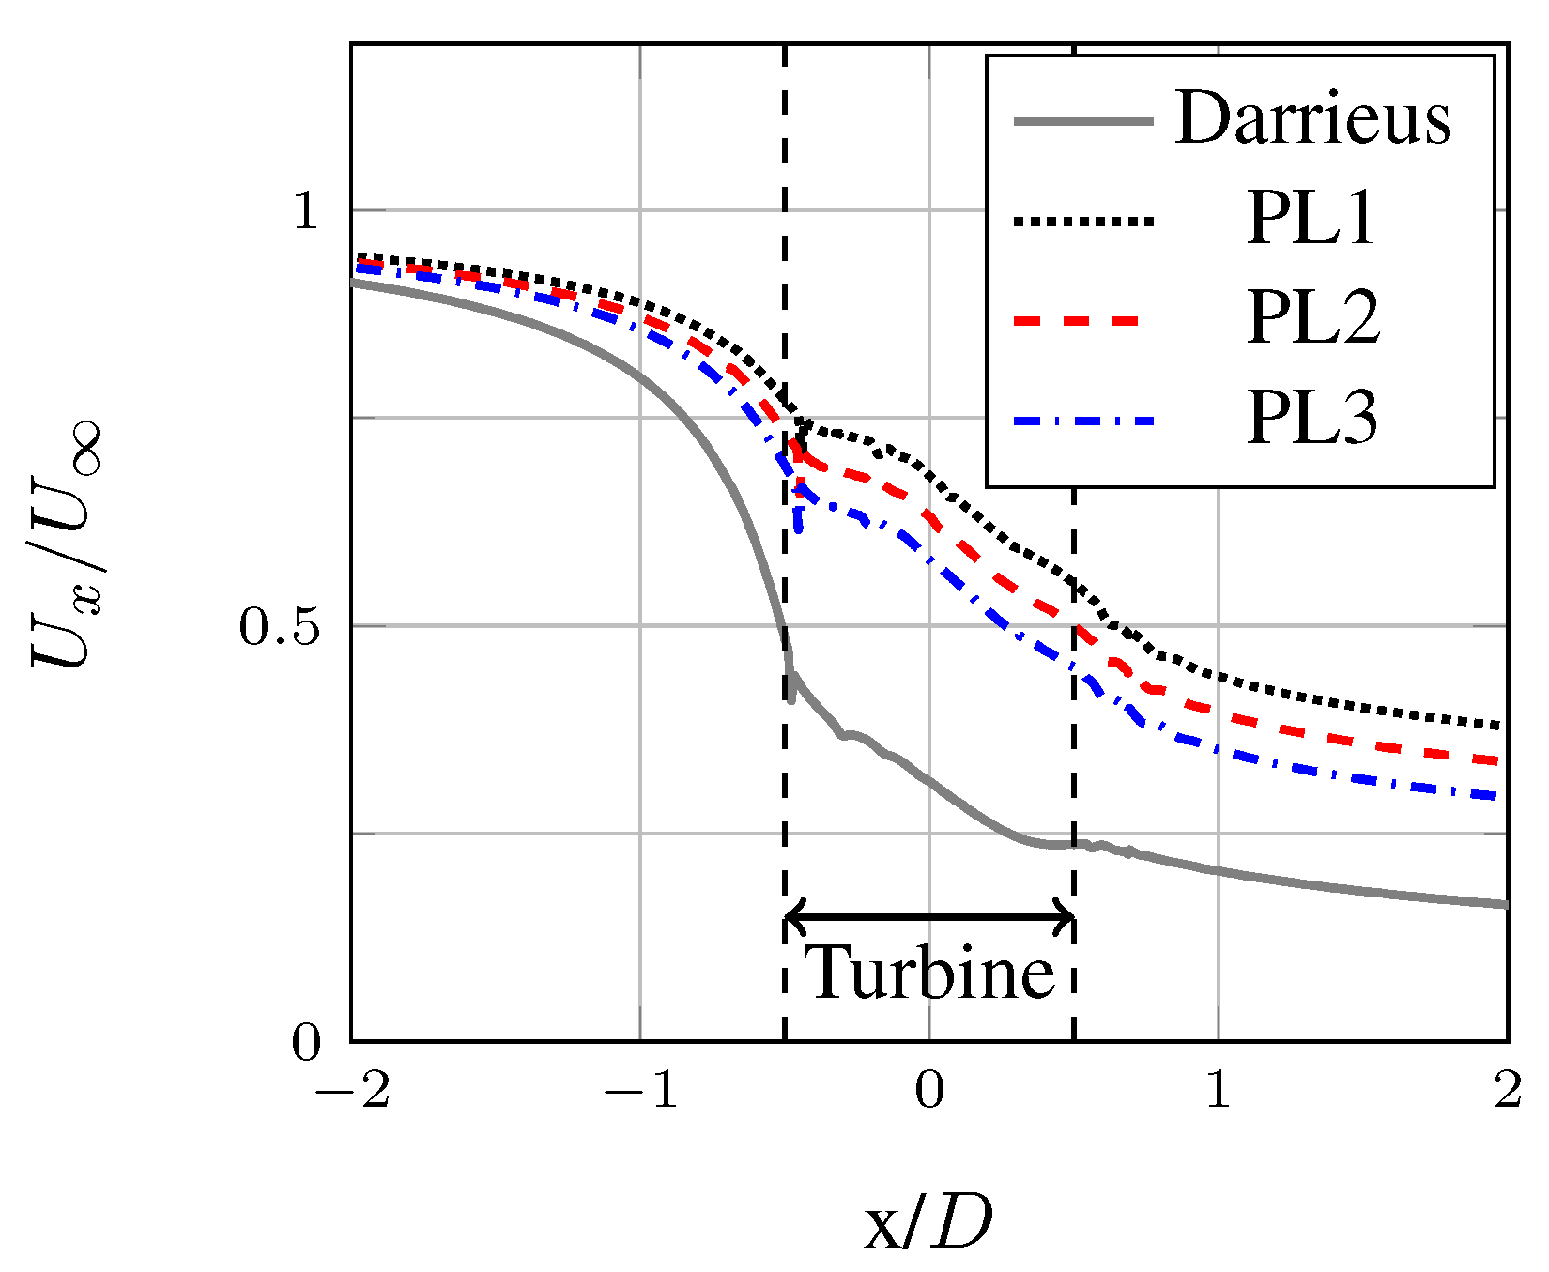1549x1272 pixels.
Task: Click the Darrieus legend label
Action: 1312,119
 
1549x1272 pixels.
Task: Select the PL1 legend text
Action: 1311,220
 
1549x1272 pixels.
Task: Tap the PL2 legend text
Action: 1313,319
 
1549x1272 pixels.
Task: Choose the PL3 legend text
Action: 1312,419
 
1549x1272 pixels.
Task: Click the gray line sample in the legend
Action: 1083,120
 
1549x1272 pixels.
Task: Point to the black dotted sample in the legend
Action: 1083,222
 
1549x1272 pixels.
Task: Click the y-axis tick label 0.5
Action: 281,627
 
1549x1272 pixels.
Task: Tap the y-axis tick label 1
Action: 307,211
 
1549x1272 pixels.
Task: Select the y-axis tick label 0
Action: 307,1043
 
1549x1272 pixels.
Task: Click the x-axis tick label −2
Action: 353,1091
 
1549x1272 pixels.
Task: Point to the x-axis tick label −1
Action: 641,1091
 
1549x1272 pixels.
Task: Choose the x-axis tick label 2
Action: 1508,1091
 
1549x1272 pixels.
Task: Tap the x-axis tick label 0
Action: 929,1091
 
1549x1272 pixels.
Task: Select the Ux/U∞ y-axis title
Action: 67,544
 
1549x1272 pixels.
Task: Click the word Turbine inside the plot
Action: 930,973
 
